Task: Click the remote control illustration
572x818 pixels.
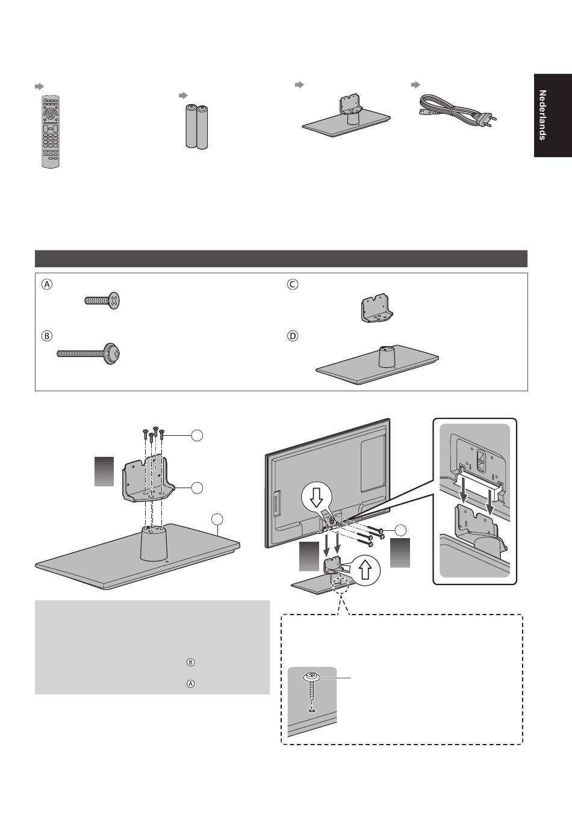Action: pos(51,131)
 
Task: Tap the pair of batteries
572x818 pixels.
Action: pos(196,126)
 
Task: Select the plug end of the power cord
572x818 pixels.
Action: pos(486,120)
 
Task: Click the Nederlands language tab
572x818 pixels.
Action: pos(552,115)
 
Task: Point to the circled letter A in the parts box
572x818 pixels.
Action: pos(47,285)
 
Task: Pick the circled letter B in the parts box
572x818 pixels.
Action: pos(47,336)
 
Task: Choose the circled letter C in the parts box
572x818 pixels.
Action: pos(293,285)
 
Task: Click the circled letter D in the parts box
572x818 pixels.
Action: pos(293,336)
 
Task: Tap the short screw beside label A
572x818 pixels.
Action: pos(102,300)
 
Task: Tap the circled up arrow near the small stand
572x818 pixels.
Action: pos(365,568)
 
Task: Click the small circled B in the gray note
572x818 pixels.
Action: pos(190,663)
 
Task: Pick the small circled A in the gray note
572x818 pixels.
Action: pos(190,684)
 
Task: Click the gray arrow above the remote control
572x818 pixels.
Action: pos(39,87)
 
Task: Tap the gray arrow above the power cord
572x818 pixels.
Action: pos(414,85)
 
